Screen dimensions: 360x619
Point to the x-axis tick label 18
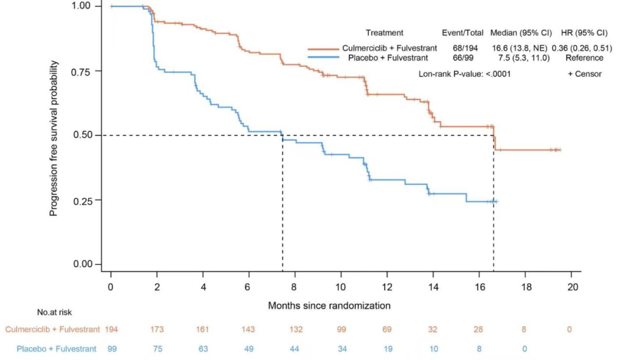tap(526, 286)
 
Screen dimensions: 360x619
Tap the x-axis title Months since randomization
tap(329, 306)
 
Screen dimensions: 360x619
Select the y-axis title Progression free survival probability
tap(54, 135)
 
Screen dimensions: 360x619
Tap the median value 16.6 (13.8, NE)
tap(518, 48)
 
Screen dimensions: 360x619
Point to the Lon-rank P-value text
tap(465, 74)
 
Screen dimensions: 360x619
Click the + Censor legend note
tap(585, 74)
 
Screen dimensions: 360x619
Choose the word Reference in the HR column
tap(584, 58)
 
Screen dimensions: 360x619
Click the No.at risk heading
tap(54, 312)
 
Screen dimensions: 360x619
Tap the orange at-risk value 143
tap(249, 330)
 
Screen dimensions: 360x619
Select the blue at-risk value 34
tap(341, 349)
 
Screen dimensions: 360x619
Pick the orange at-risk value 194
tap(111, 330)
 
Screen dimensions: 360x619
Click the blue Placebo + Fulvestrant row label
tap(57, 349)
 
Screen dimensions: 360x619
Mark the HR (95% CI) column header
tap(584, 33)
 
